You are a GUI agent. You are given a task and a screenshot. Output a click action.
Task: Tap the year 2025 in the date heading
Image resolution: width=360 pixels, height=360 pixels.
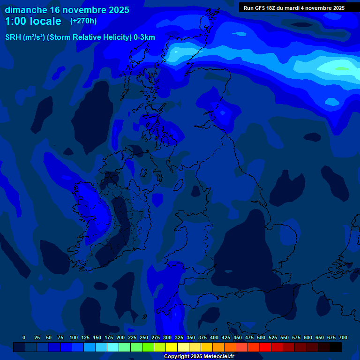pos(117,10)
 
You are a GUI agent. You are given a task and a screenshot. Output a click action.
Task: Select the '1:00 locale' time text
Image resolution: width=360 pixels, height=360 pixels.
pos(33,21)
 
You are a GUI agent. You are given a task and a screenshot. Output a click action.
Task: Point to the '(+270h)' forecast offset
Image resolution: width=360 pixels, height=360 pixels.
pos(83,21)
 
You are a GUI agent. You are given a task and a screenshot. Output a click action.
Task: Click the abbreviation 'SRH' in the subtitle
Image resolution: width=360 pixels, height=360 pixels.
pos(13,37)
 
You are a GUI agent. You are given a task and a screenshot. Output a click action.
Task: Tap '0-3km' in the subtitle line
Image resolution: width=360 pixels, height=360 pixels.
pos(144,37)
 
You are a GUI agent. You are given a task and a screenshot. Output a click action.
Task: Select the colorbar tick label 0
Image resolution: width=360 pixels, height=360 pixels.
pos(24,337)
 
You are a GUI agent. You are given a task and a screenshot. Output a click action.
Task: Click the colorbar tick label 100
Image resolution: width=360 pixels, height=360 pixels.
pos(74,337)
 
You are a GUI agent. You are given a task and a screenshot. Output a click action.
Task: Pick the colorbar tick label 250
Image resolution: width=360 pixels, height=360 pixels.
pos(144,337)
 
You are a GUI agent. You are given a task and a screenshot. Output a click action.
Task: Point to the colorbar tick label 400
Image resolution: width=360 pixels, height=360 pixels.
pos(214,337)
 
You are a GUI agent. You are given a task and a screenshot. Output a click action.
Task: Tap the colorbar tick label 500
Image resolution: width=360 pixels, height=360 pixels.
pos(261,337)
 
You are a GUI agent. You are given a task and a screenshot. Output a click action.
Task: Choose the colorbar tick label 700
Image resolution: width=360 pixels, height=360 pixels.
pos(343,337)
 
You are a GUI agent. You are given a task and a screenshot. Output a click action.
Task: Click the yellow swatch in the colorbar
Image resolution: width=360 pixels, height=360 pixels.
pos(172,347)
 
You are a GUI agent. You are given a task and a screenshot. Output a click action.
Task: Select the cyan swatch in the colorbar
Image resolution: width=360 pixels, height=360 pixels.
pos(113,347)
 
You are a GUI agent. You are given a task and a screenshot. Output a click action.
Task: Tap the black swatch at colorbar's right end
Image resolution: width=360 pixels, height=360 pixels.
pos(336,347)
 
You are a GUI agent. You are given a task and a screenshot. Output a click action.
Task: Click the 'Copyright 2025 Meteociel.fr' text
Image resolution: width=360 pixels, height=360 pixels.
pos(199,356)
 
